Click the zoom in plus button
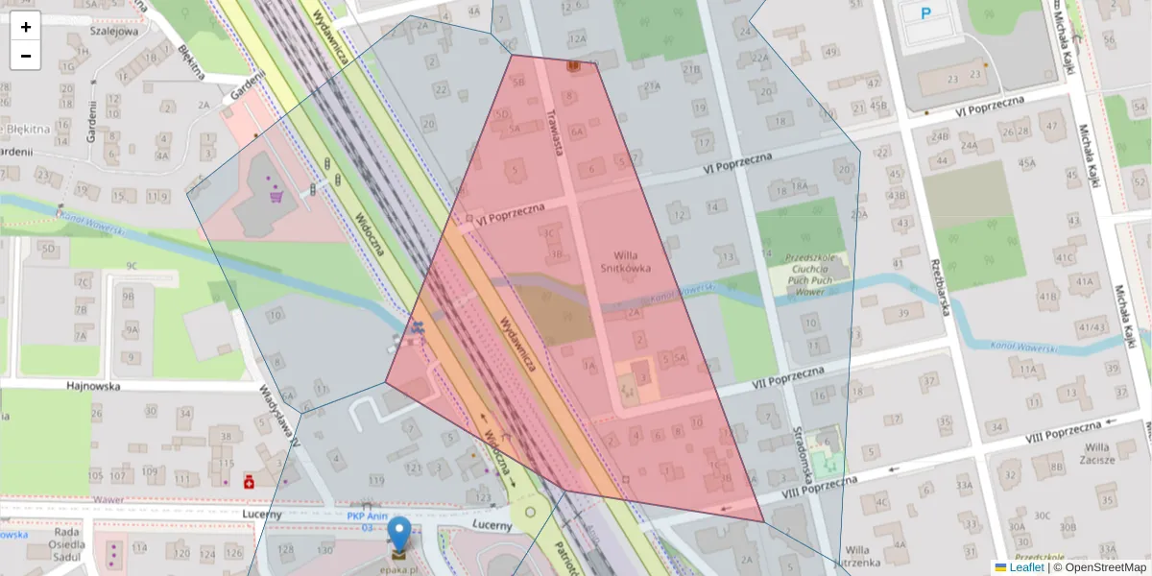(x=26, y=27)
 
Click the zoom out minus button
(x=26, y=56)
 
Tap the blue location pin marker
(x=398, y=537)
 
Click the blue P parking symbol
(x=926, y=13)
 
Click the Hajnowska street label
(x=91, y=386)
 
